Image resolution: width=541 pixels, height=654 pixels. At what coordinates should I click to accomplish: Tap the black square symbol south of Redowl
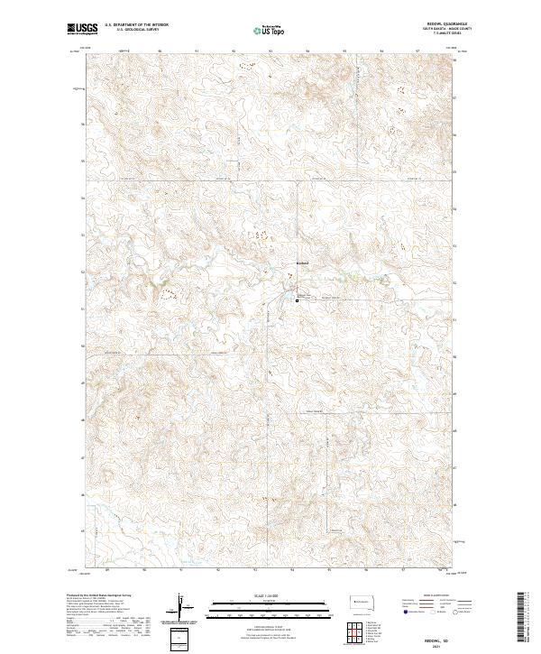297,300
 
